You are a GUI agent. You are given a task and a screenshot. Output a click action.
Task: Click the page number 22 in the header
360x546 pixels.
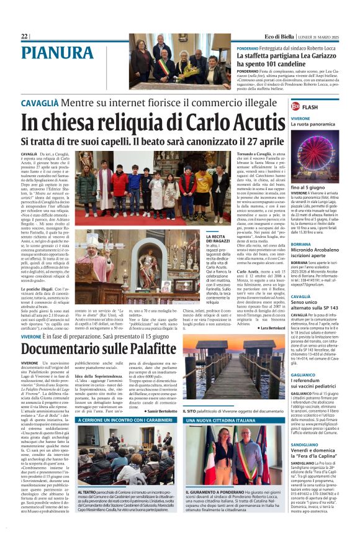(x=25, y=37)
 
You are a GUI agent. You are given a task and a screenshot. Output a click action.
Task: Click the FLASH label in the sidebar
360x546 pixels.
(x=310, y=107)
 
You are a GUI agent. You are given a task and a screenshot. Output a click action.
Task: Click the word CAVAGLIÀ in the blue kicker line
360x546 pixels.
(x=40, y=102)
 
